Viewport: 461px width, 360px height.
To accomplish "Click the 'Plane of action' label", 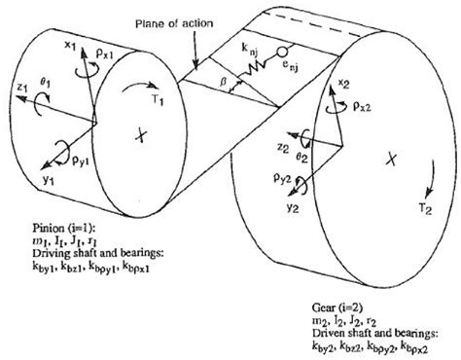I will coord(184,22).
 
